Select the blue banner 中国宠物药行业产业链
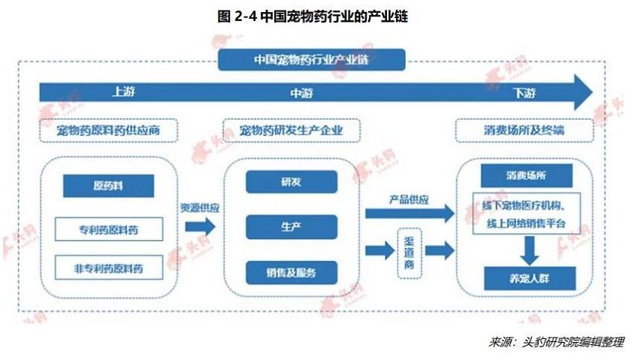(311, 59)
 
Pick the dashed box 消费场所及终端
(525, 131)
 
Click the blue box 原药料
(108, 185)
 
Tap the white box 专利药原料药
(108, 229)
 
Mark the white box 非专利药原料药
(108, 268)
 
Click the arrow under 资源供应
(199, 226)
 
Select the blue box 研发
(291, 182)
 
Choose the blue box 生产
(291, 226)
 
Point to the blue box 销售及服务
(291, 271)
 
